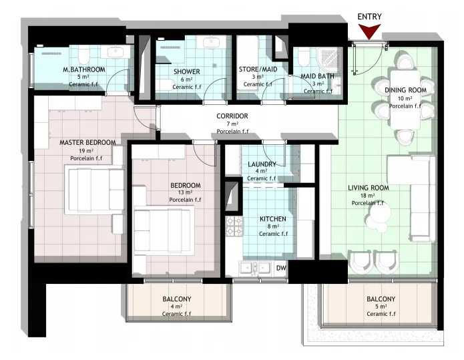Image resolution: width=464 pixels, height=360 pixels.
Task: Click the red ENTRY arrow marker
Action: (369, 31)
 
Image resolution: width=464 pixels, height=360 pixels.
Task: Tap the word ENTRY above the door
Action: (369, 17)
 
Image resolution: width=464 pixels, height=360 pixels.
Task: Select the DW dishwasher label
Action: (281, 268)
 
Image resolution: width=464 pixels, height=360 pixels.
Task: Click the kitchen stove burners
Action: (234, 226)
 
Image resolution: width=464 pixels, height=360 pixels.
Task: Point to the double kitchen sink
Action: (255, 268)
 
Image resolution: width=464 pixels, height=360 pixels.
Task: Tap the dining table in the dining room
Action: (405, 100)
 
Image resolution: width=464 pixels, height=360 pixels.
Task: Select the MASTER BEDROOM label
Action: (87, 142)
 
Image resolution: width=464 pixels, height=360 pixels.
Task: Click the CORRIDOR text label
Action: (232, 116)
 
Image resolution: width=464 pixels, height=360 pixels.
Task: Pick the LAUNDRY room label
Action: (262, 164)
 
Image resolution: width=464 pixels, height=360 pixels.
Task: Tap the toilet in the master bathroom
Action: (83, 54)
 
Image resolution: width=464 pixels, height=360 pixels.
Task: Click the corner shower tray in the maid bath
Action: (329, 59)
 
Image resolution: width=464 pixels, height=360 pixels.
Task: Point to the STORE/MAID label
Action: (258, 69)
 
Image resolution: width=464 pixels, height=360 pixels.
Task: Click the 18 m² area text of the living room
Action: (368, 196)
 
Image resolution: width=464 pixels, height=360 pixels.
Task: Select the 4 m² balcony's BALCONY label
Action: (177, 299)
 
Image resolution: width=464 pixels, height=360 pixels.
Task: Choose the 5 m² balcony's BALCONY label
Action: (381, 299)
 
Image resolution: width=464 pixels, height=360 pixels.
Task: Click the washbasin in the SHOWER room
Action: (211, 41)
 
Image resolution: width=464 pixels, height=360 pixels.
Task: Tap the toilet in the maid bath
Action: (303, 57)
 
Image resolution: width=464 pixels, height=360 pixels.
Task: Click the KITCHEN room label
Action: (273, 219)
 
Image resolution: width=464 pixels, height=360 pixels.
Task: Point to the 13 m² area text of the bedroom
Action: (185, 193)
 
